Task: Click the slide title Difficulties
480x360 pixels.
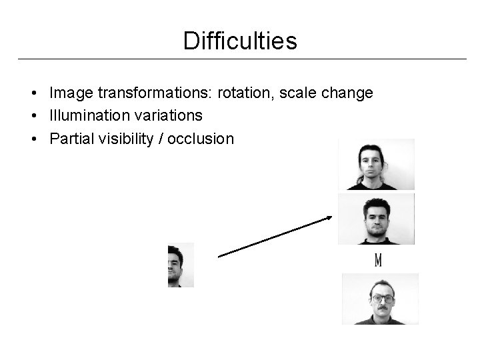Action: (x=240, y=41)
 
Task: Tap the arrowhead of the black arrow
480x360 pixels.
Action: (x=329, y=218)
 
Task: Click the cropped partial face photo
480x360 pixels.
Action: (x=181, y=265)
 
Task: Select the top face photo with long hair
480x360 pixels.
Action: (x=376, y=164)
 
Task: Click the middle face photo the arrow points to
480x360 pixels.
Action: (x=376, y=219)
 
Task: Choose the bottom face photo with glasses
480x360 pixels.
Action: (x=380, y=299)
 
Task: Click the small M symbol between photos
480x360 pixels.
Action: (x=378, y=260)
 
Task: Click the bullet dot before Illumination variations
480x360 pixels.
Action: (x=32, y=116)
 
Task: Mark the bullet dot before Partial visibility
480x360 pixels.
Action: (x=32, y=139)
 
